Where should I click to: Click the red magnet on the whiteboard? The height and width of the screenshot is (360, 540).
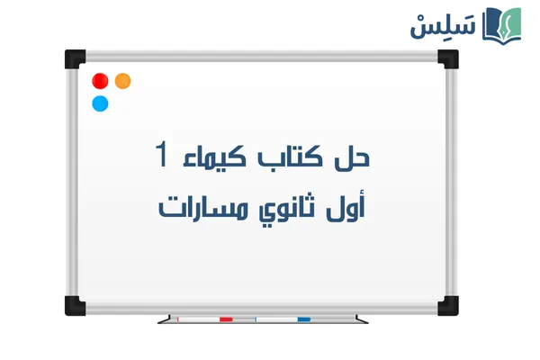pos(101,80)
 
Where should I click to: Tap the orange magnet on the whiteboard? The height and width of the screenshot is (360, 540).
pos(123,80)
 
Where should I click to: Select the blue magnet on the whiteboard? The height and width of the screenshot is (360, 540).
pos(101,103)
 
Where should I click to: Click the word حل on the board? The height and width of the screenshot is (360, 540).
pos(355,158)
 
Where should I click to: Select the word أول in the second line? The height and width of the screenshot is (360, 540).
pos(354,208)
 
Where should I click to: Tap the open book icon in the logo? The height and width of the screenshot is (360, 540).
pos(501,24)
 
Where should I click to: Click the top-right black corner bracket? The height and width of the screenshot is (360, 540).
pos(447,59)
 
